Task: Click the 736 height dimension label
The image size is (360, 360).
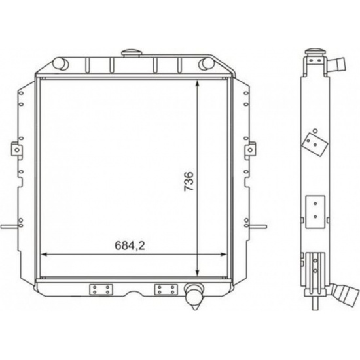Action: coord(189,181)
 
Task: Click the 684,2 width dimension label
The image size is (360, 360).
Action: coord(130,246)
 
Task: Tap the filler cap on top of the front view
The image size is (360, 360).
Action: coord(132,53)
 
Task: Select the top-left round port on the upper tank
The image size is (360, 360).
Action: coord(60,63)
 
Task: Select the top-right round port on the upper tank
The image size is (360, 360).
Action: coord(206,63)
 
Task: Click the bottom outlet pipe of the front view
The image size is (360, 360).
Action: coord(194,296)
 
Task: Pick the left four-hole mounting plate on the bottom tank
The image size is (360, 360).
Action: coord(101,289)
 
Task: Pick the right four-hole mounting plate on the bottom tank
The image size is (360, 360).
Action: coord(166,289)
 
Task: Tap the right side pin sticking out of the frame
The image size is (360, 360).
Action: coord(257,226)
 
